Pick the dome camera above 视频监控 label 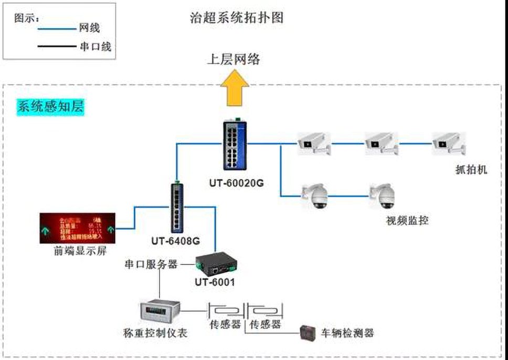pos(382,196)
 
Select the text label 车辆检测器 pos(347,333)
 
